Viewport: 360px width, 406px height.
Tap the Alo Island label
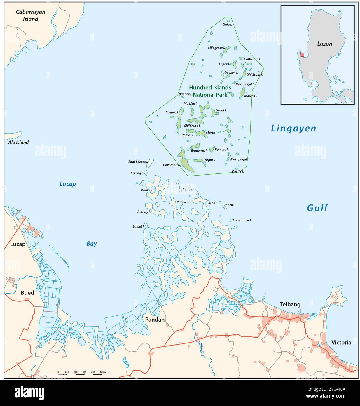pos(18,142)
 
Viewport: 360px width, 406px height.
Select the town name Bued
pos(27,293)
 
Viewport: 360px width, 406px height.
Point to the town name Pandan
pos(155,320)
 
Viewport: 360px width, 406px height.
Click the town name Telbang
pos(290,304)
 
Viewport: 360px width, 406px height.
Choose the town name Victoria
pos(341,342)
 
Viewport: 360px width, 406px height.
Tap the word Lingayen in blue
pos(293,129)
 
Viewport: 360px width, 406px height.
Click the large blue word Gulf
pos(317,208)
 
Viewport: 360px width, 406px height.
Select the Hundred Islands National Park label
pos(210,91)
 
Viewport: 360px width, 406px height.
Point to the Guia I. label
pos(227,25)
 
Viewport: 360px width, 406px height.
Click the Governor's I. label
pos(172,165)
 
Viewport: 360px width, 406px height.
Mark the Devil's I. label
pos(238,171)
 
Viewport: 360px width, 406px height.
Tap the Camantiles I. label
pos(242,220)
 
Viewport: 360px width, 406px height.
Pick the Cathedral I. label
pos(252,59)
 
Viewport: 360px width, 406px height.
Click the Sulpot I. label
pos(138,226)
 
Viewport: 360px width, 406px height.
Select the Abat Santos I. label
pos(138,162)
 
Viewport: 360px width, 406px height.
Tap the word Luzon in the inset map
pos(324,44)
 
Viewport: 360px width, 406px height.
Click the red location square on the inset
pos(302,55)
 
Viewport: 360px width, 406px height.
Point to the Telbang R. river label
pos(200,347)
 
